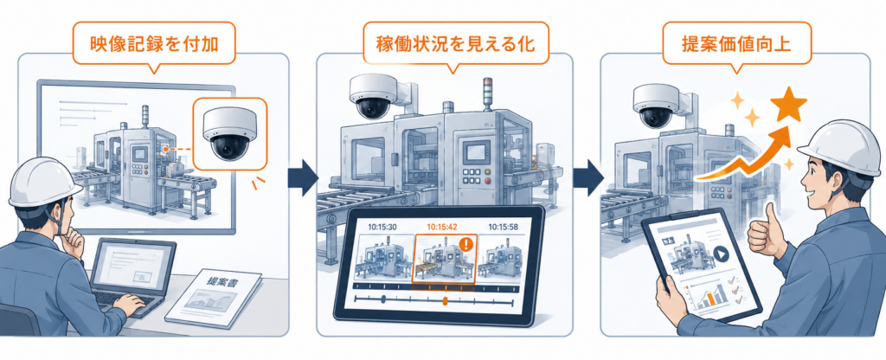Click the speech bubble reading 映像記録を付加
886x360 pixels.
(x=154, y=43)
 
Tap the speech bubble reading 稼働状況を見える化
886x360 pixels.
(x=455, y=43)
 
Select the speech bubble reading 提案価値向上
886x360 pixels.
(x=736, y=43)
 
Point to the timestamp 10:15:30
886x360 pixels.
(x=383, y=227)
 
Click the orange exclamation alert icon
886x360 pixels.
(x=466, y=245)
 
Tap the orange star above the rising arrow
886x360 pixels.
(x=787, y=105)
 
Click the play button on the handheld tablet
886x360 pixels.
(x=721, y=254)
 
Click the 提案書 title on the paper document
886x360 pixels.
(x=221, y=281)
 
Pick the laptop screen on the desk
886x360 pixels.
(x=132, y=266)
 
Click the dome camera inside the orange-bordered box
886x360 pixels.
(x=228, y=132)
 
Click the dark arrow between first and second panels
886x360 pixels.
(x=303, y=178)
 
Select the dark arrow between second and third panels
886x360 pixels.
(x=587, y=178)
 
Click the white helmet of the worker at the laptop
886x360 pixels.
(x=44, y=182)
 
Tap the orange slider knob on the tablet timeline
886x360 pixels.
(x=446, y=300)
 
